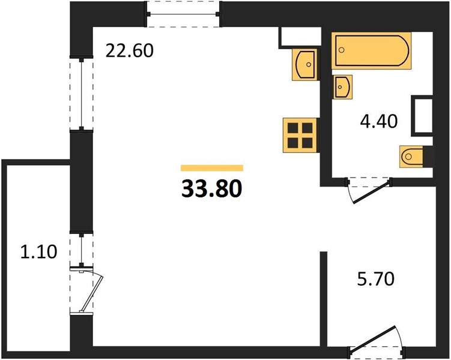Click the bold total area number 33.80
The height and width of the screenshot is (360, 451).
click(212, 189)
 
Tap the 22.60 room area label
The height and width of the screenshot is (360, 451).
click(130, 50)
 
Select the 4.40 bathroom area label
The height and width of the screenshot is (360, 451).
click(379, 121)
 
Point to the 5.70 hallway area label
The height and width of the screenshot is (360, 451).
click(376, 278)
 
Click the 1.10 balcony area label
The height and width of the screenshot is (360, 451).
click(39, 251)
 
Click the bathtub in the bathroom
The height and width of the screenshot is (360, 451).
click(371, 50)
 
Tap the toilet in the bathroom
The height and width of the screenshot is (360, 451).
click(411, 157)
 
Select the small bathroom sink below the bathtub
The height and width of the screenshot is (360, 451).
click(343, 87)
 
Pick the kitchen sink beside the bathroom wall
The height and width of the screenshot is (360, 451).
click(305, 64)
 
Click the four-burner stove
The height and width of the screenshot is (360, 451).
click(300, 135)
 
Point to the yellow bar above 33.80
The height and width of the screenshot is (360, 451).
click(212, 168)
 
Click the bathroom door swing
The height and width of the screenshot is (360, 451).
click(369, 191)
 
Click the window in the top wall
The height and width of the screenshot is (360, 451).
click(183, 14)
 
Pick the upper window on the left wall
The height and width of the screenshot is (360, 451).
click(82, 94)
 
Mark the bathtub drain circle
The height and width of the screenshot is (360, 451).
click(342, 50)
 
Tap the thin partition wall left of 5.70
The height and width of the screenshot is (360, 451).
click(324, 299)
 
